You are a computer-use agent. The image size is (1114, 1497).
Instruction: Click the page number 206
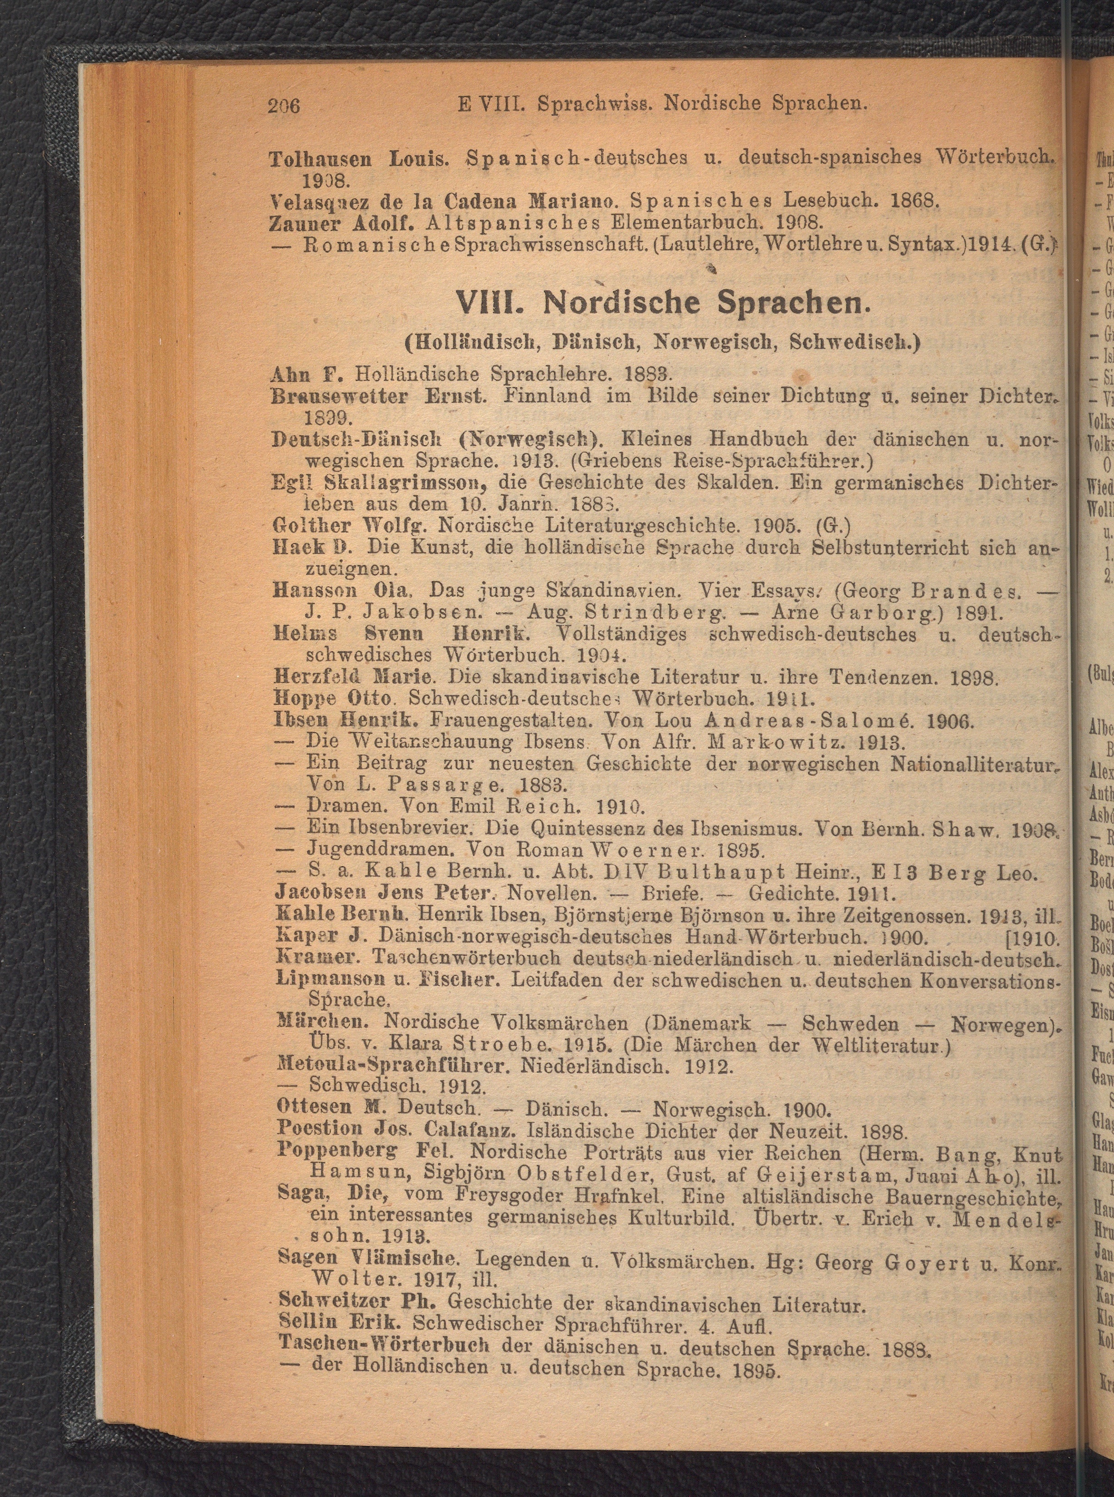tap(283, 105)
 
